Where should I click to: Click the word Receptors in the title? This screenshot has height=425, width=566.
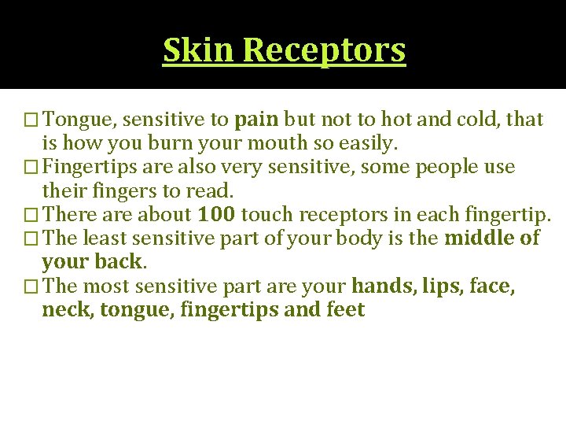(x=325, y=50)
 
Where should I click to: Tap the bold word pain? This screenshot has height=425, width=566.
(x=256, y=120)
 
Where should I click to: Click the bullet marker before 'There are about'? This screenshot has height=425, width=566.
(x=32, y=215)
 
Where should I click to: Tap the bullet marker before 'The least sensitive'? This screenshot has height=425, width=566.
(x=32, y=238)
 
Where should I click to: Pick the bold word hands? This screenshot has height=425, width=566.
(x=382, y=286)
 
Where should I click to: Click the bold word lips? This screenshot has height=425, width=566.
(x=442, y=286)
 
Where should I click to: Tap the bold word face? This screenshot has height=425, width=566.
(x=491, y=286)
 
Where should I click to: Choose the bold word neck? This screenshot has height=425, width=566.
(x=65, y=310)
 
